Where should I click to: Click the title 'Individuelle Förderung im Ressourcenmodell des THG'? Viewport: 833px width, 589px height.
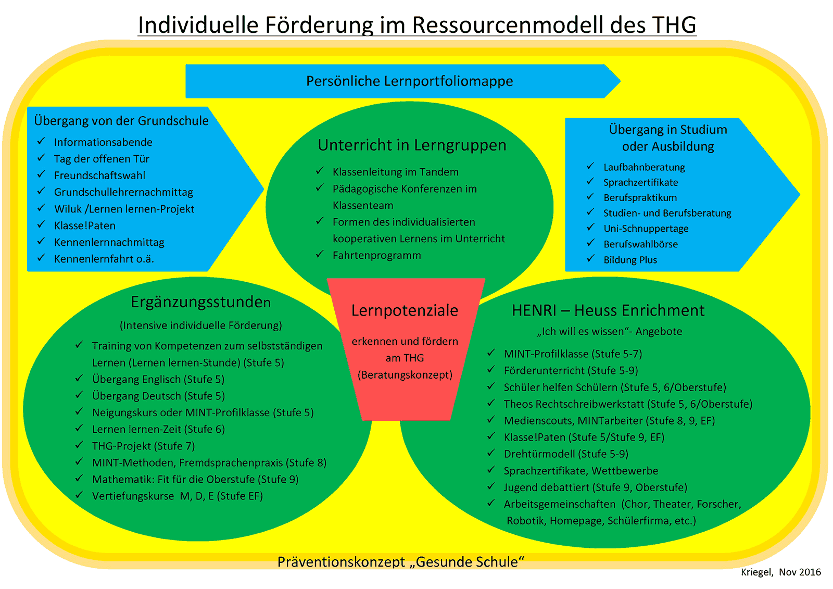pos(416,24)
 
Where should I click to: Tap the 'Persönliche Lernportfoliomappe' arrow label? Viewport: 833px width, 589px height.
pos(409,81)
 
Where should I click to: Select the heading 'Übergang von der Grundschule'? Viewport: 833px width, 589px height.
pos(121,121)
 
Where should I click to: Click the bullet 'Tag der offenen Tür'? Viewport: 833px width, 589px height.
pos(102,159)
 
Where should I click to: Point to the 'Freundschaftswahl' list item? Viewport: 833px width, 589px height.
pos(99,176)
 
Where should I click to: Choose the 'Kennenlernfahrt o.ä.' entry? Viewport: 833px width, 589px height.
pos(104,259)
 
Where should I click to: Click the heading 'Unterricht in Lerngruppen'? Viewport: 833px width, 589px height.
pos(412,145)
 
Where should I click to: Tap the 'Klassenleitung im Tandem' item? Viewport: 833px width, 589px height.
pos(395,172)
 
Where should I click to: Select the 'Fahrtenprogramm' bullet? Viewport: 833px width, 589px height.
pos(376,255)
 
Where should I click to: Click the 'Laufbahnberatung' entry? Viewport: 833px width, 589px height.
pos(644,167)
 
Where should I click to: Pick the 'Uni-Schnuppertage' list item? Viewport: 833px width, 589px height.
pos(646,229)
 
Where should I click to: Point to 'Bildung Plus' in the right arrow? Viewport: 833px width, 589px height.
pos(630,260)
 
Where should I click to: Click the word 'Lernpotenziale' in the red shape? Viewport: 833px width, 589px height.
pos(405,310)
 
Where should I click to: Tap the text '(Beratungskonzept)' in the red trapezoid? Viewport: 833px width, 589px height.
pos(405,374)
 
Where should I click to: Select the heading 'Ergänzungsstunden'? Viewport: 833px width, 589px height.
pos(200,302)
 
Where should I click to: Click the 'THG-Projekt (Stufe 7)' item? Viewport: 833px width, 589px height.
pos(143,446)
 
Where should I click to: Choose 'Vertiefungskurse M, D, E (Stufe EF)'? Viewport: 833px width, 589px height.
pos(177,496)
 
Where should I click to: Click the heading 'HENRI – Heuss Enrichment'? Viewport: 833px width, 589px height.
pos(608,310)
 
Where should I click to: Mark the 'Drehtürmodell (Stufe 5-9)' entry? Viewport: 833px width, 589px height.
pos(565,454)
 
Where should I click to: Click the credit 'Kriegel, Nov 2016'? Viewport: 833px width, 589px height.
pos(780,572)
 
